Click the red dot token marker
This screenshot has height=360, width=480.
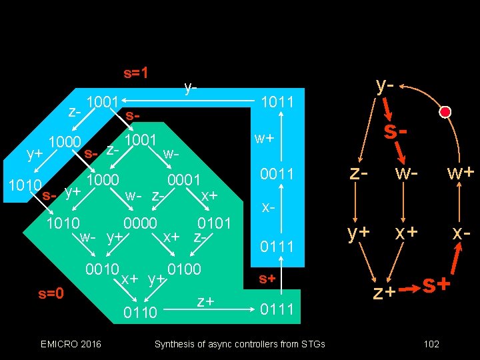tap(445, 111)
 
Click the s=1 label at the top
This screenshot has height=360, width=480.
tap(135, 73)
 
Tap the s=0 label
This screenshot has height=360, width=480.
tap(51, 293)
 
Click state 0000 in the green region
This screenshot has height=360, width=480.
tap(140, 223)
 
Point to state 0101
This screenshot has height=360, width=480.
tap(215, 223)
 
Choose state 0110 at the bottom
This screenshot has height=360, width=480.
tap(140, 312)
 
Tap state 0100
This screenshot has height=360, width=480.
tap(184, 270)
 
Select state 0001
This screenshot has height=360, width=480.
tap(184, 180)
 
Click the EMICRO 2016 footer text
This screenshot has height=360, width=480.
tap(71, 344)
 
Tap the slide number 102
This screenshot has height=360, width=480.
tap(431, 344)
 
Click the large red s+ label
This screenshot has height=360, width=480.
tap(437, 285)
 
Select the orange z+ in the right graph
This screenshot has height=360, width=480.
tap(384, 292)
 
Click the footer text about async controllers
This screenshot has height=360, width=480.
tap(240, 344)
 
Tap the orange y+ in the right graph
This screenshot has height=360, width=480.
tap(359, 233)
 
